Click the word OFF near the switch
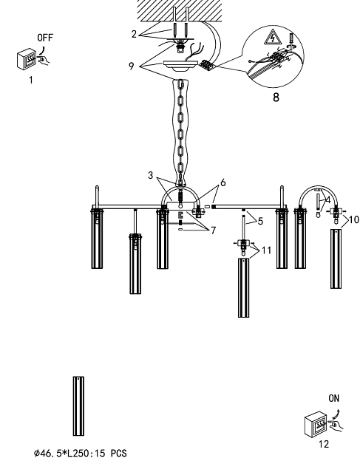45,38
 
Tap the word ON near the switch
333,398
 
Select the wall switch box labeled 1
27,59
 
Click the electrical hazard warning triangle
272,37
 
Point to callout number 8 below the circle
276,98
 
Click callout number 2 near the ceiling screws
134,34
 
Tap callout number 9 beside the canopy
131,66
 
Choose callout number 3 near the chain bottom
151,175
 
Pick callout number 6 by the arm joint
223,182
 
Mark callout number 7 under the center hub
213,230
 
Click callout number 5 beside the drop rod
260,221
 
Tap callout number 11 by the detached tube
267,250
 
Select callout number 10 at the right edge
354,219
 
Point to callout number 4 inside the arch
327,200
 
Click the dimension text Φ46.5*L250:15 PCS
81,453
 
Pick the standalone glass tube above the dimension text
78,406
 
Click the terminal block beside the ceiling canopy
208,64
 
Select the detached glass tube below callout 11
244,287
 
